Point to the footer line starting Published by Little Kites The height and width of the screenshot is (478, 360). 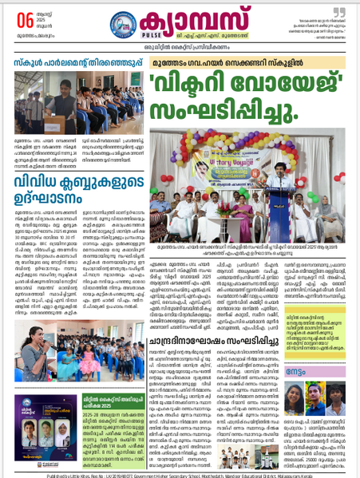point(180,472)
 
